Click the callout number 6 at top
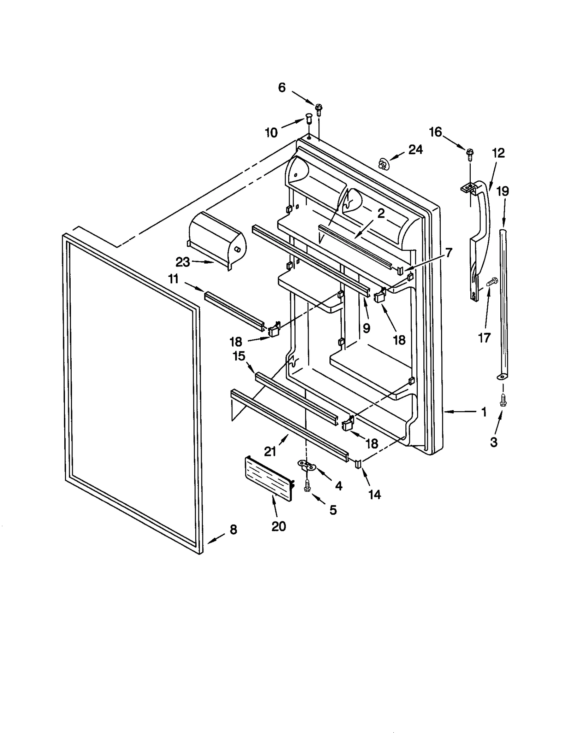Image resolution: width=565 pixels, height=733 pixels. point(281,88)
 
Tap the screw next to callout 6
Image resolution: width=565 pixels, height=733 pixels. point(319,110)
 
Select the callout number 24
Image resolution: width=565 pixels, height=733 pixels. point(415,150)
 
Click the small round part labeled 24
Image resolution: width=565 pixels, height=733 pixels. point(382,164)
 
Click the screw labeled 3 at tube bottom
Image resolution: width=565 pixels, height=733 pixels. point(502,401)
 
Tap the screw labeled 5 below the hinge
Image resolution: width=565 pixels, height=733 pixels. point(307,487)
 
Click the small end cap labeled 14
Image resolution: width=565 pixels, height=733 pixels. point(358,464)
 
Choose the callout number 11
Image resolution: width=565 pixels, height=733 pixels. point(173,279)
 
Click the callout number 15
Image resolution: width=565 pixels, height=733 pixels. point(239,356)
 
